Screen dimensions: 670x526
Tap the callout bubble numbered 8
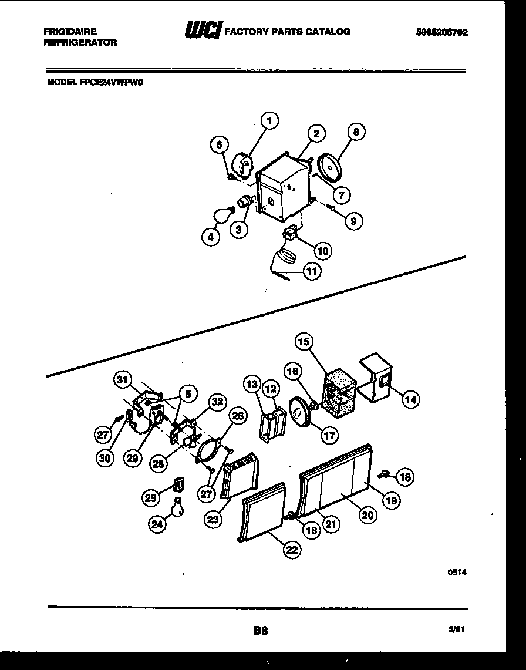(x=356, y=133)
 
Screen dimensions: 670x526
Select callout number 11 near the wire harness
(x=313, y=271)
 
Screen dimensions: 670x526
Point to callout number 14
(x=410, y=399)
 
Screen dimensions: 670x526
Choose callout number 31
(x=122, y=380)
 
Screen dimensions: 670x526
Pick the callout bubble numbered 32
(x=217, y=402)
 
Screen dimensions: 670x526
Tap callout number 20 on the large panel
(x=367, y=515)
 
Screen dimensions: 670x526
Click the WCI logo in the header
(x=202, y=32)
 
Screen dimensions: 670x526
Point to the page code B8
(x=261, y=631)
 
